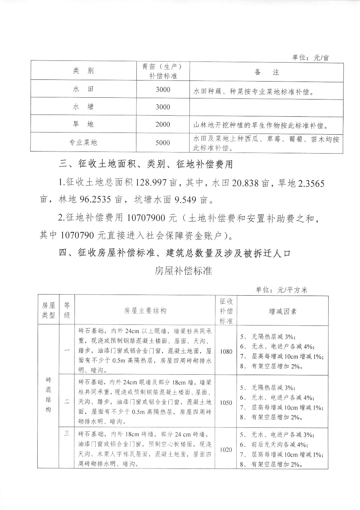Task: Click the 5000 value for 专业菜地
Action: coord(163,143)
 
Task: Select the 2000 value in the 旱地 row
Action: coord(163,125)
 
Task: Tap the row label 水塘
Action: coord(83,107)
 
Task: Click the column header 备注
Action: coord(266,72)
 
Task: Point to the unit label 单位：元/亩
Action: coord(310,58)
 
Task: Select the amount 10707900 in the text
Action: coord(146,218)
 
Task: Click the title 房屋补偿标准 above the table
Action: coord(183,271)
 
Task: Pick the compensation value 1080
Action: coord(226,351)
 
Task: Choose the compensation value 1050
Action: coord(226,403)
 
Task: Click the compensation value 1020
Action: coord(226,450)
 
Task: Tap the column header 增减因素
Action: coord(282,311)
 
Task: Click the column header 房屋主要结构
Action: coord(145,311)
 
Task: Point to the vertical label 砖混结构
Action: coord(49,394)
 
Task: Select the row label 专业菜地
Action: coord(83,143)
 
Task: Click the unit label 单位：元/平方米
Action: coord(281,290)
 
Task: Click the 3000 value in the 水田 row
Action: coord(163,90)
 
